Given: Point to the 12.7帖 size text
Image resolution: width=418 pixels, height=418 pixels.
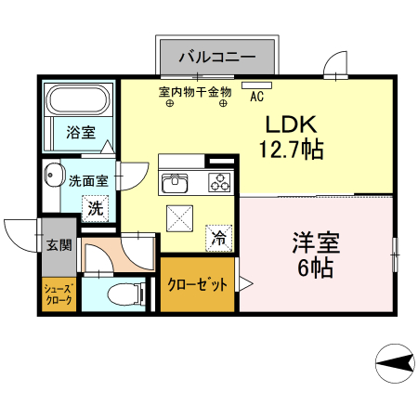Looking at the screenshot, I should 292,149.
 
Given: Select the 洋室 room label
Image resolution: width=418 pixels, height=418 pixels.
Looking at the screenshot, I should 316,244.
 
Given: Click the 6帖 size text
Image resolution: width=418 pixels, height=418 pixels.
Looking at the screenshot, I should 316,268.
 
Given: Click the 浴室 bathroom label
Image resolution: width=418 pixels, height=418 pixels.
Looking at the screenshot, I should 79,133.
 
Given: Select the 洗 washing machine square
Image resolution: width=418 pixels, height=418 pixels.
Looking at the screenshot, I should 95,209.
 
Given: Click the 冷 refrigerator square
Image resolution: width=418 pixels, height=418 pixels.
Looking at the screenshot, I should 219,238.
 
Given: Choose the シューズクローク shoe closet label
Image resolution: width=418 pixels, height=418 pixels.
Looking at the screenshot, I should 55,295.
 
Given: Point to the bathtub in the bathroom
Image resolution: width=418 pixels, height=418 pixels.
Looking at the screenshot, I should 78,99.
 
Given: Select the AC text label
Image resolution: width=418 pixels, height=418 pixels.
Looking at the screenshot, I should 257,96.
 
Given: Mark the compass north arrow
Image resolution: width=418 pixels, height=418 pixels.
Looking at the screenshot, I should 394,361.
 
